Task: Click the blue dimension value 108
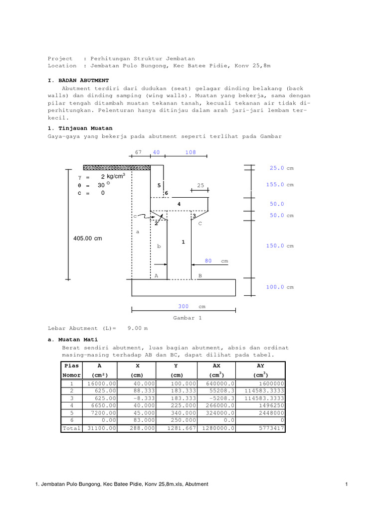click(x=191, y=152)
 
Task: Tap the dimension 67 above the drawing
click(x=139, y=152)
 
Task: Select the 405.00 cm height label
click(x=87, y=239)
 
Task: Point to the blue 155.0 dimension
click(x=275, y=185)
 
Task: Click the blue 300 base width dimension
click(x=184, y=306)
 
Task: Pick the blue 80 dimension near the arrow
click(x=208, y=260)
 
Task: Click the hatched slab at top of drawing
click(x=117, y=167)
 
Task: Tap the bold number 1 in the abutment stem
click(x=184, y=242)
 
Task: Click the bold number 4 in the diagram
click(x=178, y=204)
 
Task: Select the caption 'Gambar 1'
click(x=187, y=318)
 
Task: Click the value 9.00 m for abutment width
click(x=138, y=329)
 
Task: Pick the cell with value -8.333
click(x=139, y=398)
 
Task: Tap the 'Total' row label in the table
click(x=71, y=428)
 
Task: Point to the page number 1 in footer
click(x=346, y=484)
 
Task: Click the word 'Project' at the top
click(x=60, y=58)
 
